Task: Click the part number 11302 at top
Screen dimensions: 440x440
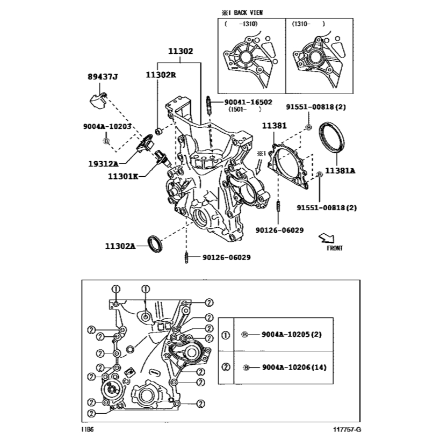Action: tap(181, 52)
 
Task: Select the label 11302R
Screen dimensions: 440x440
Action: tap(161, 75)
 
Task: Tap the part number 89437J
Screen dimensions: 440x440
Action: tap(103, 77)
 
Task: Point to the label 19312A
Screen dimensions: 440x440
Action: tap(103, 164)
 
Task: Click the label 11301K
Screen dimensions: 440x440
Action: tap(123, 177)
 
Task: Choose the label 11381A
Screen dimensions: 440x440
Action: tap(340, 171)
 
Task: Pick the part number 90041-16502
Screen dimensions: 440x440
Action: tap(248, 102)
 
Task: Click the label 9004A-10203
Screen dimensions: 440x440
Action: tap(107, 127)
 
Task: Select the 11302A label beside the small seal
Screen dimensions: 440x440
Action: tap(120, 247)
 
